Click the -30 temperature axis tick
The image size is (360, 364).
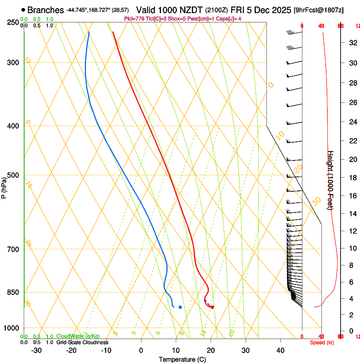(x=36, y=350)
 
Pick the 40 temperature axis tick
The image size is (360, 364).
(x=280, y=350)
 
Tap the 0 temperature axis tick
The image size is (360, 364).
(x=141, y=350)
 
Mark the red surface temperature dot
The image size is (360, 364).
(x=212, y=307)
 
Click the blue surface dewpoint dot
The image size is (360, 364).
(x=180, y=307)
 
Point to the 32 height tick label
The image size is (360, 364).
(x=352, y=42)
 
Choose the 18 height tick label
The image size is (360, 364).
(x=352, y=178)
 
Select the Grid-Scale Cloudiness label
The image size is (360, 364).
(x=82, y=342)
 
